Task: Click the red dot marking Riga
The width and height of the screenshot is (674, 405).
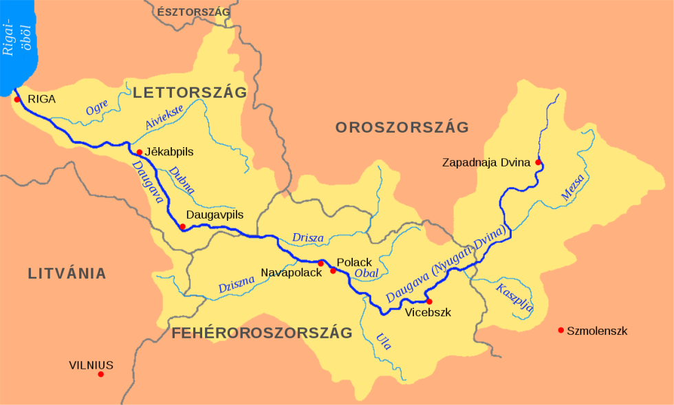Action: [x=17, y=99]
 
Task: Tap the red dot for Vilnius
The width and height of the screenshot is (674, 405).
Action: [x=100, y=374]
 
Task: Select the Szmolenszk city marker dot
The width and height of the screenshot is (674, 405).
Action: [x=561, y=331]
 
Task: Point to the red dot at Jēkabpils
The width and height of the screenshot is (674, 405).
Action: [x=139, y=152]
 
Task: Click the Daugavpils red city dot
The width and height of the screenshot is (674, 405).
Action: [x=182, y=226]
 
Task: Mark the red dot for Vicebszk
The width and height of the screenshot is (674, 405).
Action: [x=429, y=301]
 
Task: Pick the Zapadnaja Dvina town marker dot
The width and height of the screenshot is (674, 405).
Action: [x=538, y=162]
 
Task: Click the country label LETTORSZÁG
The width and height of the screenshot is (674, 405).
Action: [x=189, y=93]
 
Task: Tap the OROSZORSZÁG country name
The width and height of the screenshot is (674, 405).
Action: [x=402, y=127]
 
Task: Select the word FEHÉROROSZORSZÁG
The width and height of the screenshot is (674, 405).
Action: [x=262, y=333]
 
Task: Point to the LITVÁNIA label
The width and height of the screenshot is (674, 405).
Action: [x=67, y=274]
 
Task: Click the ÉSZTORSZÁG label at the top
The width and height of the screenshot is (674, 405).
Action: [x=194, y=12]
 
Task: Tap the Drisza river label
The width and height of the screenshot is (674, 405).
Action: [x=307, y=238]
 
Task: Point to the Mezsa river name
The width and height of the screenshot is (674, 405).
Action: [x=572, y=187]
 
